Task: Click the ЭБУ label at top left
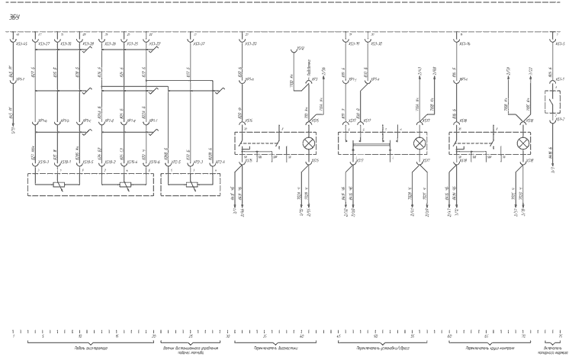(x=14, y=17)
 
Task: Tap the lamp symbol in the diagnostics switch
(x=309, y=143)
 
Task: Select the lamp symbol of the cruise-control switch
(x=523, y=143)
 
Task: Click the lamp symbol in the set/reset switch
(x=419, y=143)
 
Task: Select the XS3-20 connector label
(x=251, y=44)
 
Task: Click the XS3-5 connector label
(x=560, y=44)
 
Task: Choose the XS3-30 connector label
(x=375, y=44)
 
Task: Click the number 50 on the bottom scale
(x=375, y=336)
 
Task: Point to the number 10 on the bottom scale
(x=79, y=336)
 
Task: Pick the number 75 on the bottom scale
(x=560, y=336)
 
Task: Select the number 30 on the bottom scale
(x=228, y=336)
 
